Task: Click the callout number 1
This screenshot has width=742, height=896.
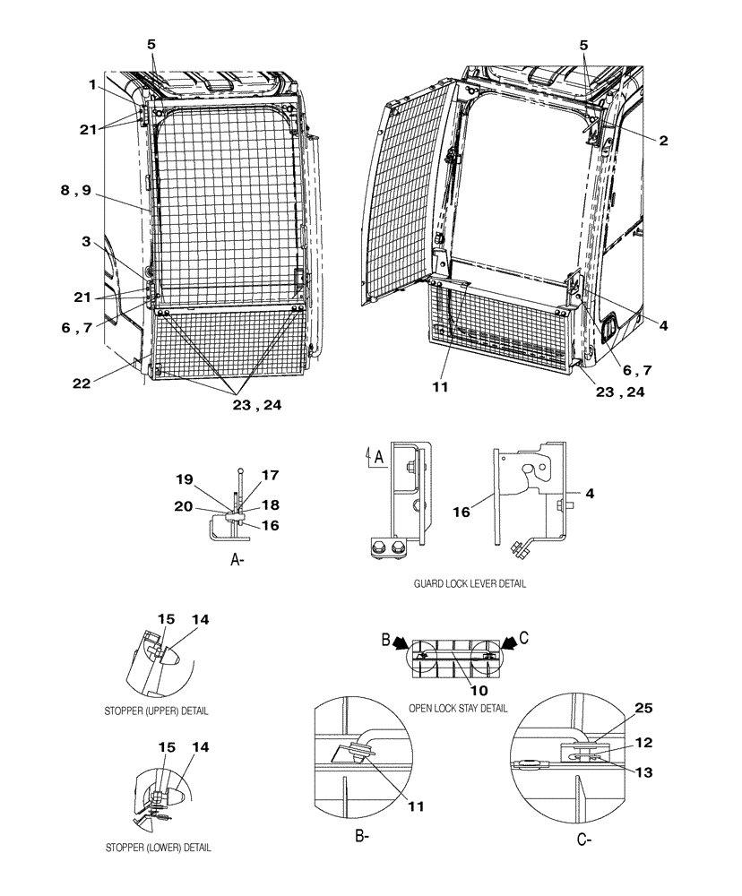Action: point(91,84)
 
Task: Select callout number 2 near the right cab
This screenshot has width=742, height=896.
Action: point(662,141)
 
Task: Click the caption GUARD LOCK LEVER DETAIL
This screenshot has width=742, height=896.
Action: point(470,583)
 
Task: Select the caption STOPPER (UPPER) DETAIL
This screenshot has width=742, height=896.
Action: point(156,711)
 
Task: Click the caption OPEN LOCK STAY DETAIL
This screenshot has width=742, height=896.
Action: point(458,708)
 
